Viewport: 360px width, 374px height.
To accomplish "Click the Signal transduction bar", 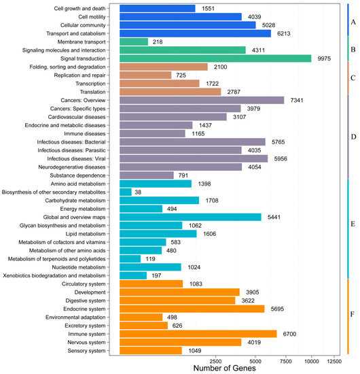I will click(215, 58).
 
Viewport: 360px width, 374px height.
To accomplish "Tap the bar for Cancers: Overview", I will click(202, 100).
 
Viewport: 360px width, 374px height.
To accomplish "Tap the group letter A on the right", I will click(353, 22).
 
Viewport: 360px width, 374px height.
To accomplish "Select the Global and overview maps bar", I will click(181, 217).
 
